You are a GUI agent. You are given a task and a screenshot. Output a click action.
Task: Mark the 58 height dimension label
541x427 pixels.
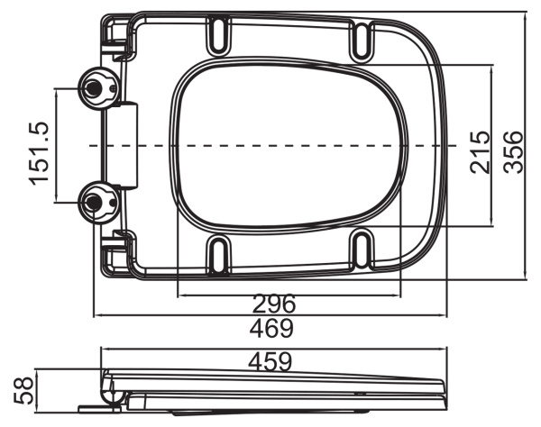click(21, 390)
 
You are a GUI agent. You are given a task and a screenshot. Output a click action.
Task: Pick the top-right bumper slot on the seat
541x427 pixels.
click(359, 39)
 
